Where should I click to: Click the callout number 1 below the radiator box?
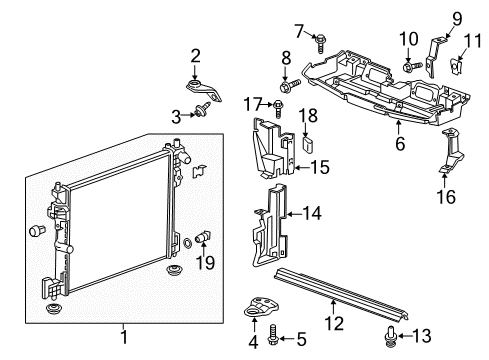tap(124, 337)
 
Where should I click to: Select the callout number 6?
tap(400, 143)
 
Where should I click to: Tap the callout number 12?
tap(334, 323)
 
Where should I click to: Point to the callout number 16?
tap(446, 196)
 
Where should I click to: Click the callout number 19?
tap(205, 262)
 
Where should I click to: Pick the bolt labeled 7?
tap(320, 43)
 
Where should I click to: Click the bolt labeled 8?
tap(290, 86)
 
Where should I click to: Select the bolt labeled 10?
tap(412, 67)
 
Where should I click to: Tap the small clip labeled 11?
tap(456, 67)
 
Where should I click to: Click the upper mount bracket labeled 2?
tap(203, 90)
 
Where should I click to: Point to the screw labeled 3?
tap(202, 110)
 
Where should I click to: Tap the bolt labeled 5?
tap(272, 335)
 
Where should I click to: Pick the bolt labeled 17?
tap(278, 109)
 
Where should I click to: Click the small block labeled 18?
tap(308, 144)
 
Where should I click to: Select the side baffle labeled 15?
tap(273, 147)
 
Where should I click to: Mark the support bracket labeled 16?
tap(451, 151)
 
